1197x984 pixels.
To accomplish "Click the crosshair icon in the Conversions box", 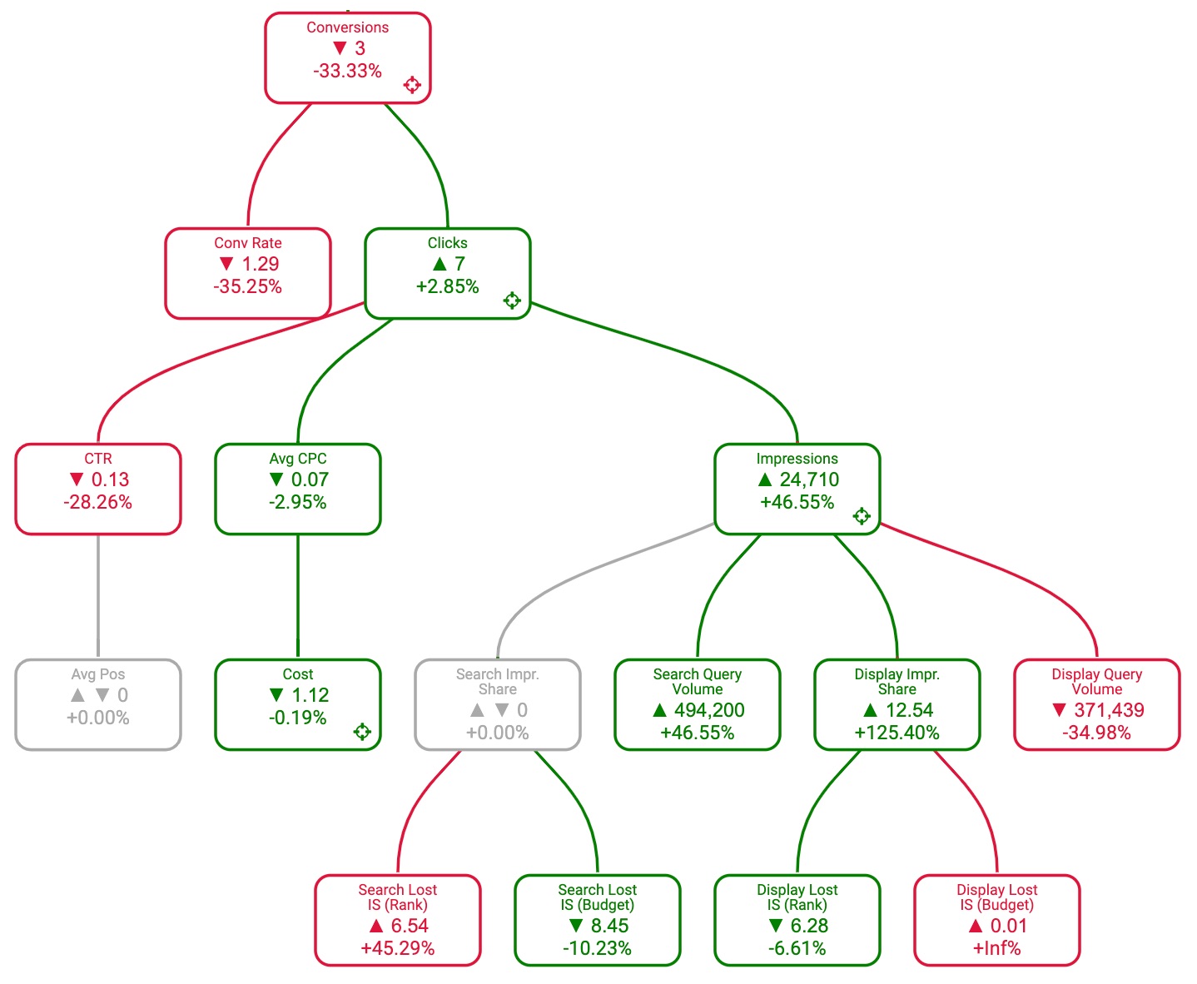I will [x=412, y=84].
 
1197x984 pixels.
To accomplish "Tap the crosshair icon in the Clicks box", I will [x=512, y=301].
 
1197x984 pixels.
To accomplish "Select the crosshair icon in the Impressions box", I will [x=862, y=516].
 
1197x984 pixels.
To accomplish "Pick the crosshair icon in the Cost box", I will [x=362, y=732].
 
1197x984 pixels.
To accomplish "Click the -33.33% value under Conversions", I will [x=348, y=72].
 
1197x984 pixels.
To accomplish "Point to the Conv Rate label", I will [x=248, y=243].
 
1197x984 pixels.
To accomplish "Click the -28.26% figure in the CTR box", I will [x=98, y=503].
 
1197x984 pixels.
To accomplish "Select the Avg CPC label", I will [x=298, y=459].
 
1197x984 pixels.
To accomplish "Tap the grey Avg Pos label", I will [x=98, y=674].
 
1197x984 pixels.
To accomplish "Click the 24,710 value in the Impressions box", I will [x=809, y=480].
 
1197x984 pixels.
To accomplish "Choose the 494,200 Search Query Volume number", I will [x=709, y=710].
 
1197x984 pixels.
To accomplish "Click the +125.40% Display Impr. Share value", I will [x=897, y=733].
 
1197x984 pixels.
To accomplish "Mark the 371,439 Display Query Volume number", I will [x=1109, y=710].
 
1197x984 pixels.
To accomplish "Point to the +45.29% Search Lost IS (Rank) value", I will [x=398, y=949].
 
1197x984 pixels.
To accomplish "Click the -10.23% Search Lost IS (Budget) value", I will [x=598, y=949].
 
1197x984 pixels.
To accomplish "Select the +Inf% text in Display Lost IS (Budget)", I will [x=997, y=949].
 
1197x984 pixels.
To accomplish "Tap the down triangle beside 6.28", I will [x=776, y=926].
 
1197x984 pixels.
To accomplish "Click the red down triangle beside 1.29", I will [x=226, y=264].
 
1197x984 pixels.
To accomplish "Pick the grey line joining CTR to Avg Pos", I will [x=98, y=596].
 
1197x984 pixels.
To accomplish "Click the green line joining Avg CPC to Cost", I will [x=298, y=596].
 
